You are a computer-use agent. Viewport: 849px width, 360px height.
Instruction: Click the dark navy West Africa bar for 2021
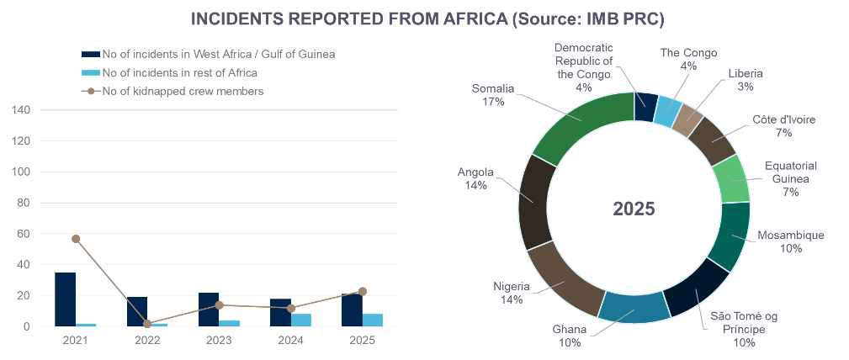(x=65, y=299)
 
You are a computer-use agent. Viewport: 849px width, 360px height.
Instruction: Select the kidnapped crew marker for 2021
(x=76, y=239)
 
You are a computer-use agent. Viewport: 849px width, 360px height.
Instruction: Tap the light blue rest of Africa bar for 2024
(x=301, y=320)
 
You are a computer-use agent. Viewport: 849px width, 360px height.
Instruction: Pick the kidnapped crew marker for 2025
(x=363, y=291)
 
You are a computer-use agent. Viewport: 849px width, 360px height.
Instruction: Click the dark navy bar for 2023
(x=209, y=310)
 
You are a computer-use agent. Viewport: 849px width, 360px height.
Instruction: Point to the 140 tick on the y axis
(x=22, y=110)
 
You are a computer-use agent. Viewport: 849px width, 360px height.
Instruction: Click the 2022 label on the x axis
(x=147, y=340)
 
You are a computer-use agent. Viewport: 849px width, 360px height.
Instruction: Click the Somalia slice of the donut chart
(x=581, y=122)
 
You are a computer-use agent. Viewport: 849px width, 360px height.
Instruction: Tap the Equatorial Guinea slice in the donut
(x=730, y=178)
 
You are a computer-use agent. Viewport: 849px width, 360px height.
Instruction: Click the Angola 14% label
(x=475, y=178)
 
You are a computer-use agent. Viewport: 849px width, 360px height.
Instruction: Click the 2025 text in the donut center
(x=634, y=209)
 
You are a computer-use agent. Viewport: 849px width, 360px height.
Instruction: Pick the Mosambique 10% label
(x=790, y=241)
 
